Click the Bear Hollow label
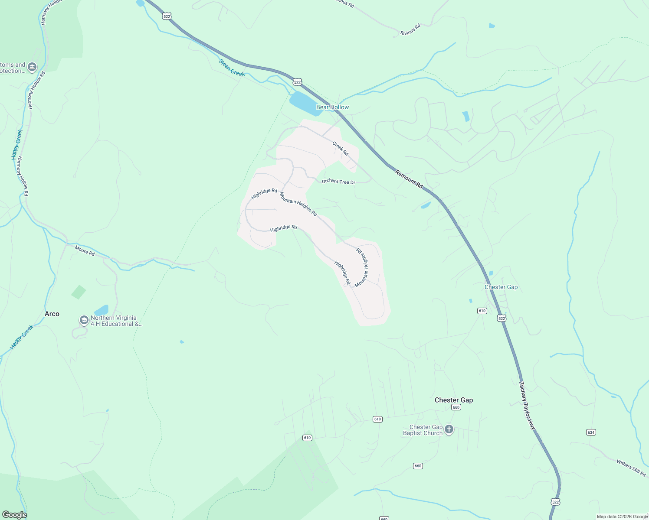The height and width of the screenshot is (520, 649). [x=332, y=107]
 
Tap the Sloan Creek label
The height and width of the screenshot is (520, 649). [x=232, y=68]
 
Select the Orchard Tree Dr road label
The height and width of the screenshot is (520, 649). [x=338, y=182]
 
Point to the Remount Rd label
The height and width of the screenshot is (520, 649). [x=409, y=179]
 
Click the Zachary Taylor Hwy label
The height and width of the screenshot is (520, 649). [x=528, y=405]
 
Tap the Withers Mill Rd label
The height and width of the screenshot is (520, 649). [x=631, y=468]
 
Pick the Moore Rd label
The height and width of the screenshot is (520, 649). [x=85, y=250]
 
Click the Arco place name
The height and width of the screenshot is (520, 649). [x=52, y=314]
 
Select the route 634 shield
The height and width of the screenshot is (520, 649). [x=591, y=432]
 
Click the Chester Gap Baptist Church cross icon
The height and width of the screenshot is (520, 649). [x=449, y=429]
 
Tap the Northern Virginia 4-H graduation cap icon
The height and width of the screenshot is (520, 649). [x=84, y=320]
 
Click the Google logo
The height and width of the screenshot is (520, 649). [x=14, y=514]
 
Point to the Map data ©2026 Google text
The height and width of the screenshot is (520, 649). [x=622, y=517]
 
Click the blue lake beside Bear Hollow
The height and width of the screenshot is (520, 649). [x=304, y=103]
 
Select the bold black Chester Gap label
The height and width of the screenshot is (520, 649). [x=454, y=400]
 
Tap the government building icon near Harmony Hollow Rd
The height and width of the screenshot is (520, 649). [x=32, y=67]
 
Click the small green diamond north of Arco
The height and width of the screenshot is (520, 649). [x=79, y=292]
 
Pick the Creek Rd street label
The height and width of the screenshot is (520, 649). [x=341, y=148]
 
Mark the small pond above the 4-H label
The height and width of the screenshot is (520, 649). [x=102, y=310]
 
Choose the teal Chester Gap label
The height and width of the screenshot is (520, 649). [x=501, y=287]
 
